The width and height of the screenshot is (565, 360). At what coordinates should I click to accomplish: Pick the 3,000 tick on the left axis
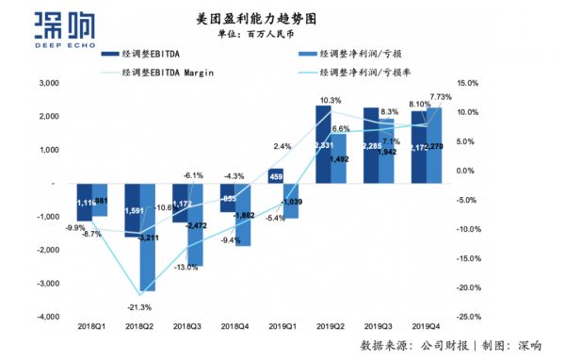(x=46, y=84)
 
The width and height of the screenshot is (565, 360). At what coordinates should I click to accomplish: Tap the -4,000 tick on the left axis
(x=44, y=317)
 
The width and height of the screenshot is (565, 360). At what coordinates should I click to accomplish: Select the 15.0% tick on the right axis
(x=468, y=84)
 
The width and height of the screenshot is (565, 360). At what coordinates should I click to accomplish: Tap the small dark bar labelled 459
(x=275, y=176)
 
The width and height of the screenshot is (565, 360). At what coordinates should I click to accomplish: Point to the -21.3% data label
(x=137, y=306)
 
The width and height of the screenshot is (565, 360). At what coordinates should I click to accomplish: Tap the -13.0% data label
(x=186, y=267)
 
